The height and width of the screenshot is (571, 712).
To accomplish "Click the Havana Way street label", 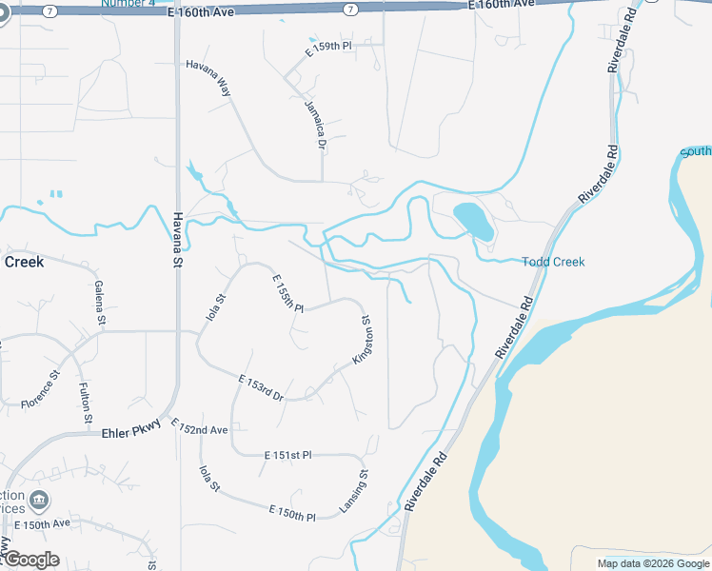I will (x=208, y=76).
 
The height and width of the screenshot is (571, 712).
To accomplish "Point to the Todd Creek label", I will (x=553, y=262).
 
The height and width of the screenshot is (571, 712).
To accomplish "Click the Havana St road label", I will (x=176, y=236).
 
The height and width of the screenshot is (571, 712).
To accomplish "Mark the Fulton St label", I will (x=86, y=402).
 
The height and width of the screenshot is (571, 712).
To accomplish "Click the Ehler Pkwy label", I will (x=129, y=433).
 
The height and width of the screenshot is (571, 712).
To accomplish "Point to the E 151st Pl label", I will (x=287, y=456).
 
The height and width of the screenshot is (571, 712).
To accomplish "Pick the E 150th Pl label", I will (x=292, y=514).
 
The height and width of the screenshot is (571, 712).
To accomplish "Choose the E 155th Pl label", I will (x=287, y=293).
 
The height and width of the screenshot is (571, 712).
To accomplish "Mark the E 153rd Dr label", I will (x=260, y=389).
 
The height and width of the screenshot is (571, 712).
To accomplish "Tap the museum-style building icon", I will (x=39, y=500).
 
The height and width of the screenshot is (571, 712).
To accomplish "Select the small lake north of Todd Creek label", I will (x=474, y=221).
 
